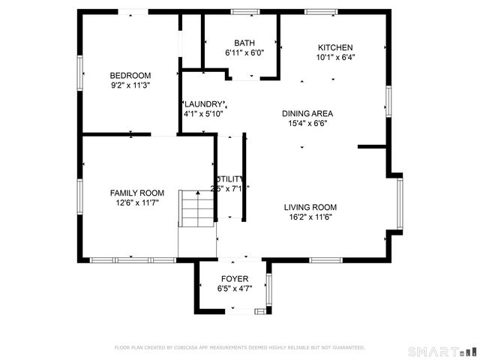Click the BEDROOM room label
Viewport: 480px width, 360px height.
(130, 75)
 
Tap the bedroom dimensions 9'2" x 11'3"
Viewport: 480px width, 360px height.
(130, 85)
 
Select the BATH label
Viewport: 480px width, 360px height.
(244, 43)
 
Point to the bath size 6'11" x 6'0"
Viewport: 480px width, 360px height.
(244, 53)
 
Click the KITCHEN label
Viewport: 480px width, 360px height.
(335, 47)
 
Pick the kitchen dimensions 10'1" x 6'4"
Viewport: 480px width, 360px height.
(335, 57)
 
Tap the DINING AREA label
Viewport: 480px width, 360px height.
(307, 113)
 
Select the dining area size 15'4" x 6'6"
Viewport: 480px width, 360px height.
(307, 123)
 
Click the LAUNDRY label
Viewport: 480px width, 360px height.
(203, 104)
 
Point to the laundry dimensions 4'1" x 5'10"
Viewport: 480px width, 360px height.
(203, 114)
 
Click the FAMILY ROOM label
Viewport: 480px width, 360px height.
(136, 193)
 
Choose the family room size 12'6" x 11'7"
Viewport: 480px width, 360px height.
(136, 202)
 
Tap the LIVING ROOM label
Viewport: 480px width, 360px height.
(310, 207)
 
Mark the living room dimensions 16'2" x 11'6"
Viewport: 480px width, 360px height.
(310, 217)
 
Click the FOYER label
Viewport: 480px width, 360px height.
(233, 279)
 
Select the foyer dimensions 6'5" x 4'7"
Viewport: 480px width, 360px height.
(233, 289)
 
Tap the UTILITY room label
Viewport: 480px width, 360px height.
(229, 178)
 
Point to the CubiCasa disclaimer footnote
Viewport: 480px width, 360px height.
(239, 347)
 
